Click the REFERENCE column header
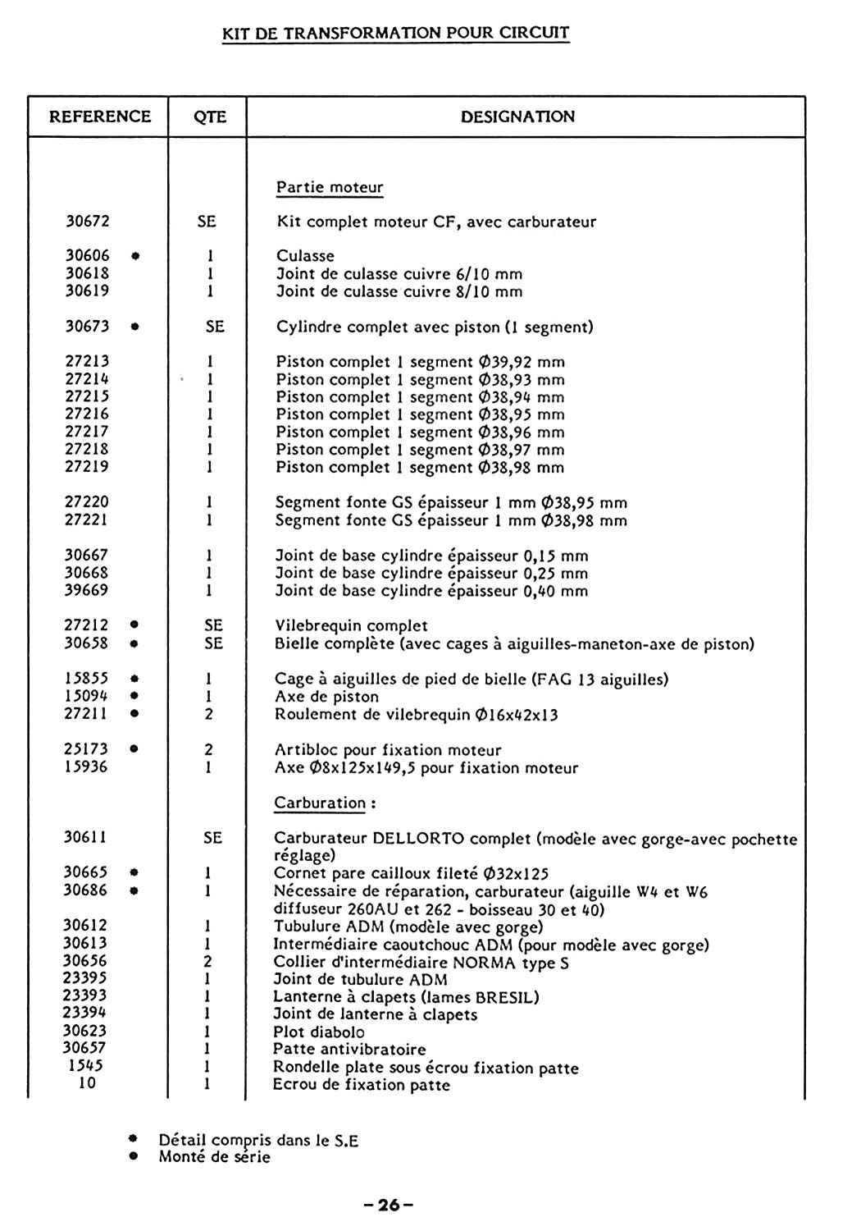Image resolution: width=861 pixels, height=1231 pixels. (100, 117)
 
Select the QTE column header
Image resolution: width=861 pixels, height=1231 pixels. (209, 117)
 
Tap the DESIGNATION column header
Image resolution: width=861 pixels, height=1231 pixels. (517, 117)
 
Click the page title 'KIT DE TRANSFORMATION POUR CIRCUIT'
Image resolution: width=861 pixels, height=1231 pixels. (396, 33)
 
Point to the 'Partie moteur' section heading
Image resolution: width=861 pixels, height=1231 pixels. (330, 187)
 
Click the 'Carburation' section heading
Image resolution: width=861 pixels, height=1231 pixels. (320, 803)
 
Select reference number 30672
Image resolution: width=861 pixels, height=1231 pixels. (87, 221)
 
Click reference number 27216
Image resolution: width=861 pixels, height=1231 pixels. (87, 414)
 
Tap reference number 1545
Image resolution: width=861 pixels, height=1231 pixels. (87, 1066)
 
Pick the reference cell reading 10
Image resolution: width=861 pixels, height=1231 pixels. (87, 1083)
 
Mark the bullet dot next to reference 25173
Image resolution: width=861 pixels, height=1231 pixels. (134, 749)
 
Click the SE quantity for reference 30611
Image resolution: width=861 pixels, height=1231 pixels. (212, 838)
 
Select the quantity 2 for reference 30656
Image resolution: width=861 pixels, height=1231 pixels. (208, 961)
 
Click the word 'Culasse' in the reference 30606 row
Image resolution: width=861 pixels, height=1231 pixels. (305, 256)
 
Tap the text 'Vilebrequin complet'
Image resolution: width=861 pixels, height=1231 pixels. (351, 626)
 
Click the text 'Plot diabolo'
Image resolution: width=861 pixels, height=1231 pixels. (319, 1032)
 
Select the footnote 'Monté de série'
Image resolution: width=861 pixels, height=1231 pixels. (214, 1157)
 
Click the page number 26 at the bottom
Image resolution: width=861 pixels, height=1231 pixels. (389, 1205)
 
